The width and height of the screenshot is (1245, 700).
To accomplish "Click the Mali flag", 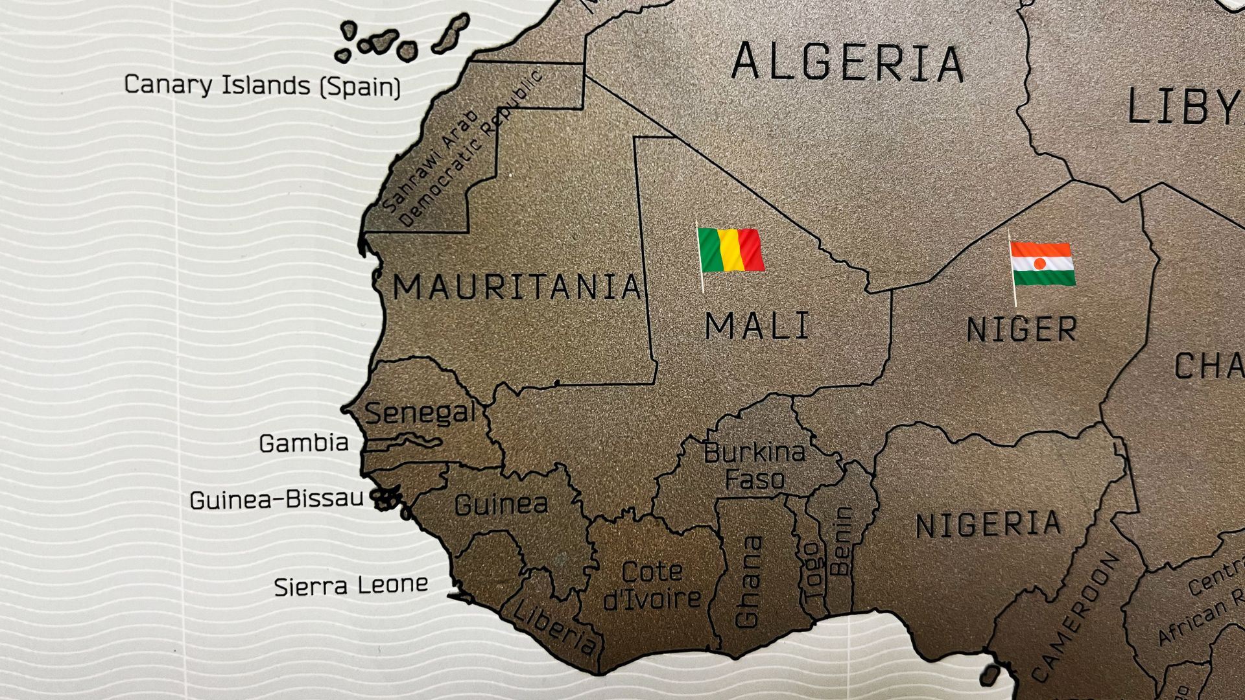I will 731,250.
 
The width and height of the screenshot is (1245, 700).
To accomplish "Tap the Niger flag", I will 1042,264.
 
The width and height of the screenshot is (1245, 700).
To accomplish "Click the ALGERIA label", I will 848,63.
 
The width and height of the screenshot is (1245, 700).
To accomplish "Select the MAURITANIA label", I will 517,287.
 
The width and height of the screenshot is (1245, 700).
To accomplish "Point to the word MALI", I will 757,326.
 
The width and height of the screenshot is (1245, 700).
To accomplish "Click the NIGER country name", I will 1021,330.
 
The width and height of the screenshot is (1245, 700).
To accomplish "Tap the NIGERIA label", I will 988,524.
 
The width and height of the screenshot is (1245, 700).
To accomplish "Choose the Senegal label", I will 420,413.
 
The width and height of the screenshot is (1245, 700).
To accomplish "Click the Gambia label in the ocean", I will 303,444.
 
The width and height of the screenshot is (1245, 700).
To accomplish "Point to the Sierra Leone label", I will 351,586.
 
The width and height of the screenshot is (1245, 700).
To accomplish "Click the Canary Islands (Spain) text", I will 262,86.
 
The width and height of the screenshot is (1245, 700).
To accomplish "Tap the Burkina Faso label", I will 754,465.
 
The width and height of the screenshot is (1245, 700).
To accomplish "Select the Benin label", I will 841,541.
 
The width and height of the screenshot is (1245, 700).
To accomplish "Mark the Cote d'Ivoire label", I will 652,585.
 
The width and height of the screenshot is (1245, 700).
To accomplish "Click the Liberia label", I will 554,626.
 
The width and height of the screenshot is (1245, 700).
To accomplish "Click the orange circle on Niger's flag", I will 1039,264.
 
